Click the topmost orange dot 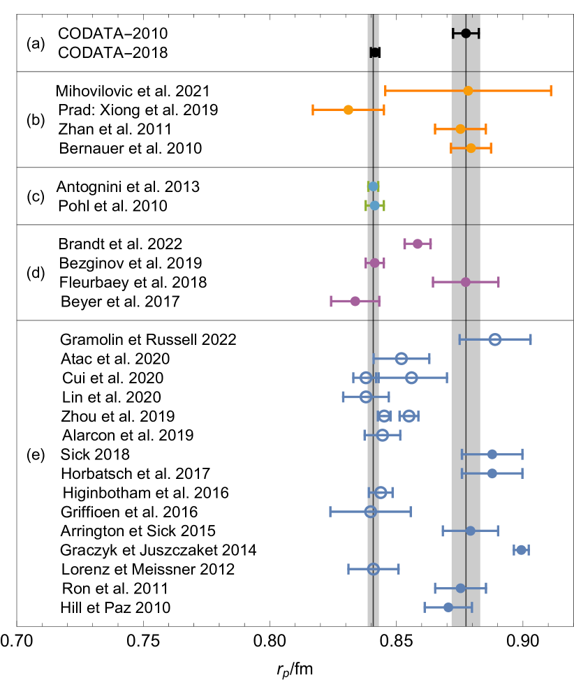[x=468, y=91]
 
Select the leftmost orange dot [x=348, y=110]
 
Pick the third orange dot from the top [x=460, y=129]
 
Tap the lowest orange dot [x=471, y=148]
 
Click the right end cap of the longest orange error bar [x=551, y=91]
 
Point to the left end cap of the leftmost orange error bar [x=313, y=110]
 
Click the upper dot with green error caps [x=373, y=186]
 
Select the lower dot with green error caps [x=375, y=205]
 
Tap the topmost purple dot [x=418, y=244]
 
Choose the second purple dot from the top [x=375, y=263]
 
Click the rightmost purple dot [x=466, y=282]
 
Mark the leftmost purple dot [x=355, y=301]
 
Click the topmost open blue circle [x=495, y=339]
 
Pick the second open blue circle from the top [x=402, y=359]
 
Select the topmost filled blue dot [x=492, y=454]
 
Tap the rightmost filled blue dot [x=521, y=550]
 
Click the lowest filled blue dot [x=448, y=607]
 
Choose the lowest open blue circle [x=374, y=569]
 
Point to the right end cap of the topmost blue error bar [x=531, y=339]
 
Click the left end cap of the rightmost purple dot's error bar [x=433, y=282]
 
